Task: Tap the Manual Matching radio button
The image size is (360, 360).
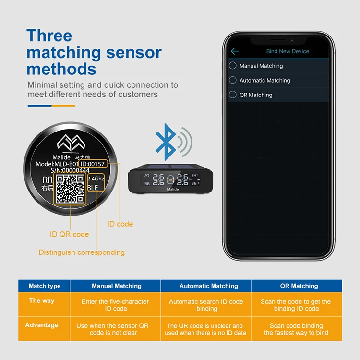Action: coord(233,66)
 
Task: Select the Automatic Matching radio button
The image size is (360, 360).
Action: coord(233,80)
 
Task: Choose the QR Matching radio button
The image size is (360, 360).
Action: coord(233,95)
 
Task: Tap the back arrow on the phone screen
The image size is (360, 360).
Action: coord(235,51)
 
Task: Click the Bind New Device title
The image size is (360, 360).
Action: coord(288,51)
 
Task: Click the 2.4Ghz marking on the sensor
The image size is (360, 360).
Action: coord(96,179)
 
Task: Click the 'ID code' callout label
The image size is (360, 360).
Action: coord(120,224)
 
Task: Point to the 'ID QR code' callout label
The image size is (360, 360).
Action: coord(70,234)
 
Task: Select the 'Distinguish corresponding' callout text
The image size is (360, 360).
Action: coord(82,252)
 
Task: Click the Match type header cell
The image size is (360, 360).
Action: coord(45,286)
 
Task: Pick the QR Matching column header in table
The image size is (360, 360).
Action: coord(299,286)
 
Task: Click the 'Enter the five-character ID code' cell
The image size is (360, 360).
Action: coord(116,305)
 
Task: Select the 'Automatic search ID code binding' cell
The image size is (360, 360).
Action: coord(206,305)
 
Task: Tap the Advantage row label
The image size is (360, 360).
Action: coord(42,325)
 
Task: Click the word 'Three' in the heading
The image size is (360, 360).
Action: coord(49,36)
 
